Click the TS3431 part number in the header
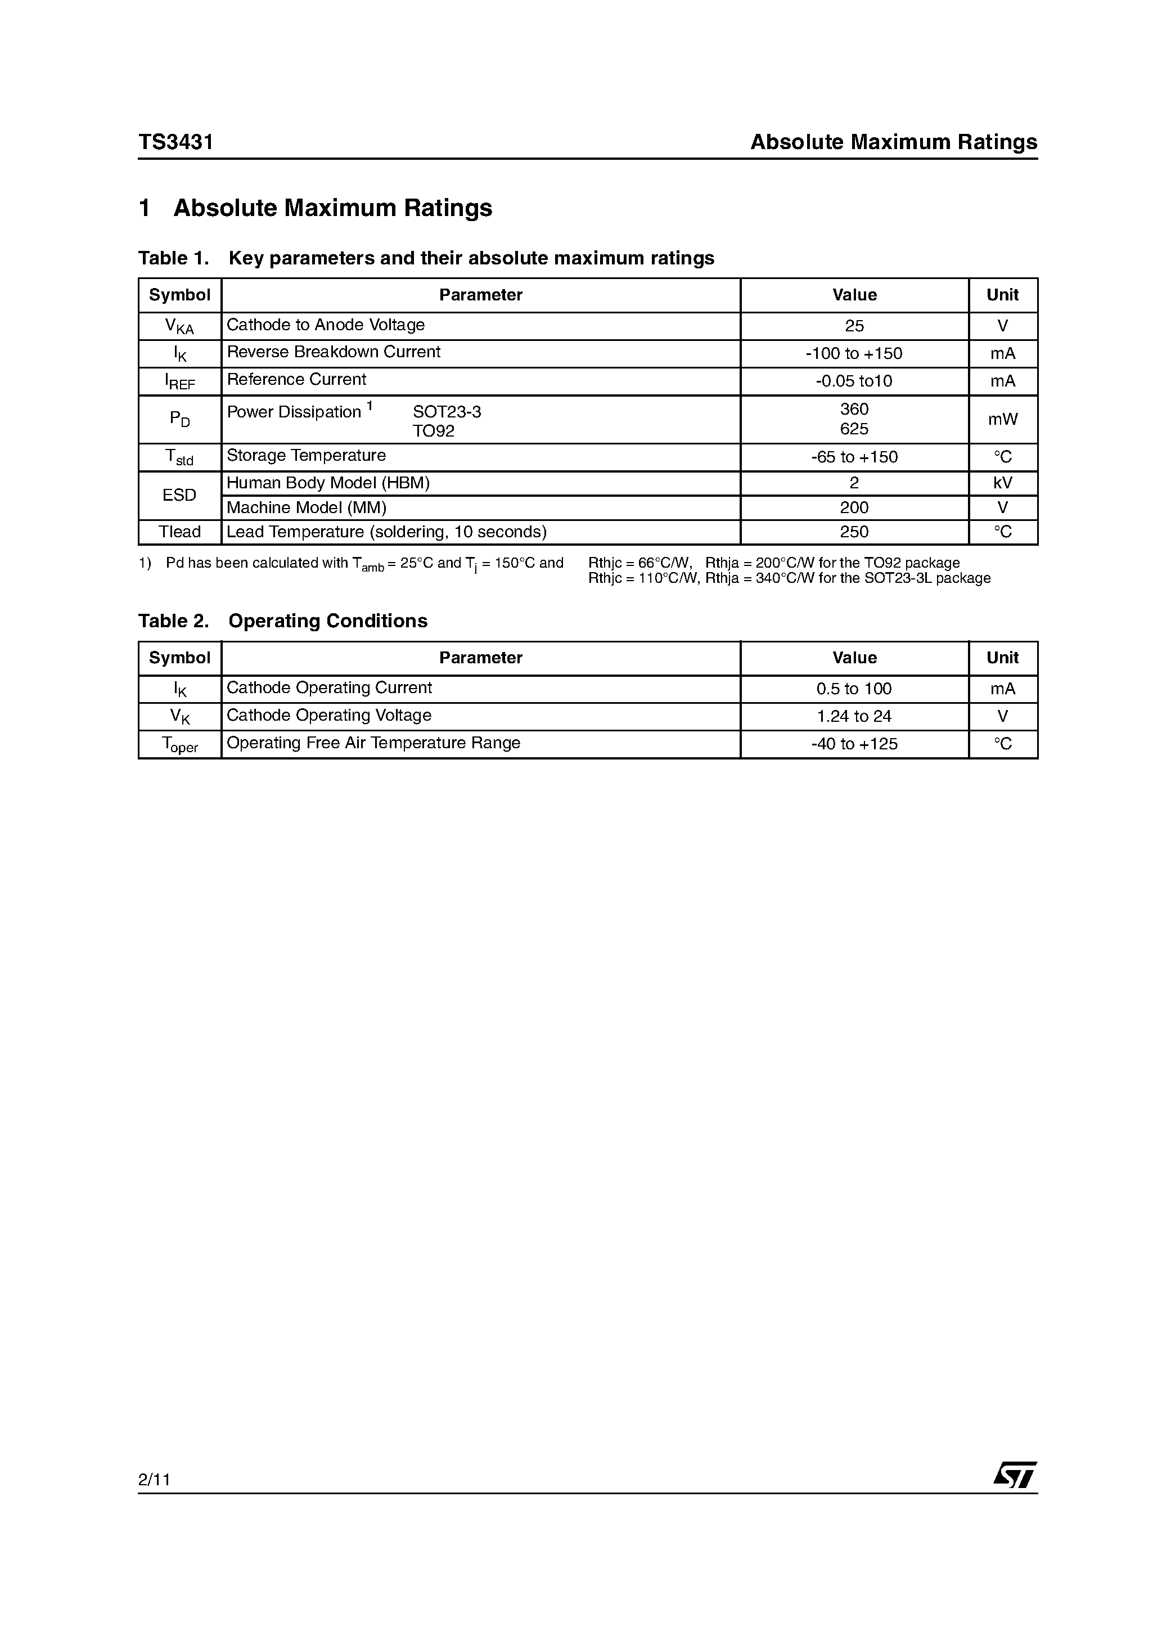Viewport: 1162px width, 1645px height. pyautogui.click(x=176, y=142)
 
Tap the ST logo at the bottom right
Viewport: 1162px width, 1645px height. pyautogui.click(x=1015, y=1475)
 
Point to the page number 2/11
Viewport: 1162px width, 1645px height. pyautogui.click(x=154, y=1480)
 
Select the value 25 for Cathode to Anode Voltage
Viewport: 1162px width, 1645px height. pyautogui.click(x=854, y=326)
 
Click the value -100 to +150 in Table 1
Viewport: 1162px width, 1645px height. pyautogui.click(x=854, y=353)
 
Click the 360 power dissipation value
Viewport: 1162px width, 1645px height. pyautogui.click(x=854, y=409)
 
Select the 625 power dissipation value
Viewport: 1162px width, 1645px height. pyautogui.click(x=854, y=429)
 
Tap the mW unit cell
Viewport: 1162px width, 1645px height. pyautogui.click(x=1002, y=419)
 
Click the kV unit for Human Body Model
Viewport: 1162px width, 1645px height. pyautogui.click(x=1002, y=483)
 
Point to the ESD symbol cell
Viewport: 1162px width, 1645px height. pyautogui.click(x=179, y=495)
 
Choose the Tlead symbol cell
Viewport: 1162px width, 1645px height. pyautogui.click(x=179, y=532)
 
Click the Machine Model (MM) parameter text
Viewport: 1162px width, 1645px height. pyautogui.click(x=307, y=508)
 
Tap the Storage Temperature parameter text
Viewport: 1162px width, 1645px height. pyautogui.click(x=306, y=456)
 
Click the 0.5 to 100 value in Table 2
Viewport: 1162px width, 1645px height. pyautogui.click(x=854, y=689)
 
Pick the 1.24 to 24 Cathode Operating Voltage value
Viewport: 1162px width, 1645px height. pyautogui.click(x=854, y=716)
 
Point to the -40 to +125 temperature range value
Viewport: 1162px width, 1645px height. pyautogui.click(x=854, y=744)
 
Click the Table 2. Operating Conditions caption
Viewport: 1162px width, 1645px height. pyautogui.click(x=282, y=621)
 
